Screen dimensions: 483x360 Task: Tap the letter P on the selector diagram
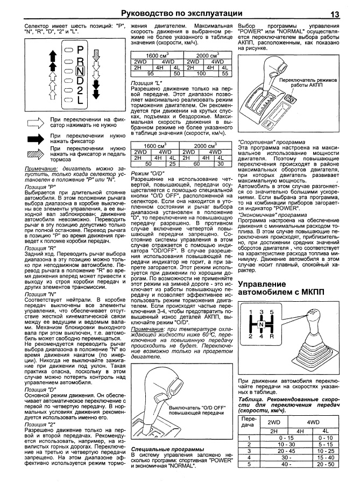(80, 50)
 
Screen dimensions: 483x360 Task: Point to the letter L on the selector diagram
(80, 100)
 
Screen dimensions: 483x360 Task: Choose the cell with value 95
(150, 73)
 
